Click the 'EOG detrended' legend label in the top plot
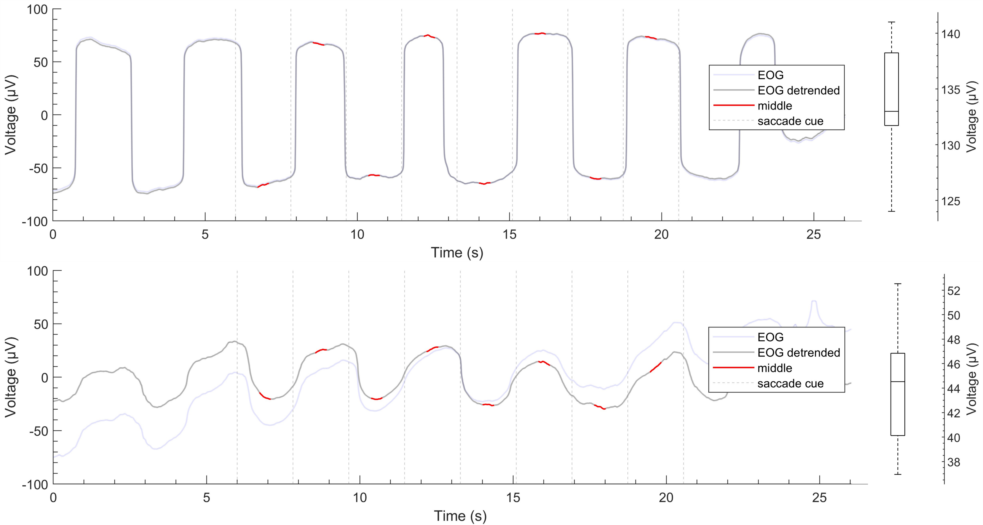click(x=798, y=90)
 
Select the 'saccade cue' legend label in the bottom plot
click(x=790, y=383)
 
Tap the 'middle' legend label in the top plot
click(x=775, y=106)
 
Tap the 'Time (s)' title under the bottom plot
click(x=460, y=516)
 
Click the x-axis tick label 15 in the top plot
click(x=509, y=235)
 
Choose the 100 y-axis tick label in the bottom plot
click(x=37, y=271)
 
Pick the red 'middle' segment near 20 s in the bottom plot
click(x=656, y=367)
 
